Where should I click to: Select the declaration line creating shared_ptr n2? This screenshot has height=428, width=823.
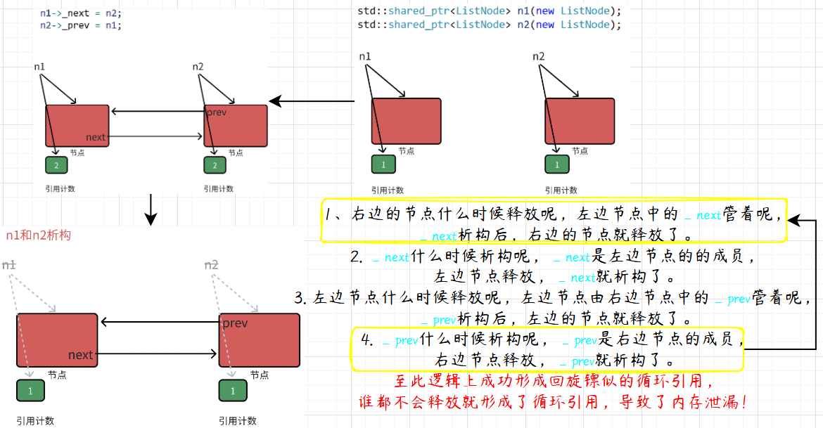click(x=489, y=25)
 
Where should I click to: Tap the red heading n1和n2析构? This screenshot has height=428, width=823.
click(x=38, y=235)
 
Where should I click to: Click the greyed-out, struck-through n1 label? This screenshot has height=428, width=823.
click(x=9, y=264)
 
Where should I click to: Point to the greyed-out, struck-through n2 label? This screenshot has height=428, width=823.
click(x=211, y=264)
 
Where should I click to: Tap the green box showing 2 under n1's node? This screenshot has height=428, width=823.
click(x=56, y=165)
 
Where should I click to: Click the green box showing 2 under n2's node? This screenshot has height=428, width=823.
click(x=215, y=165)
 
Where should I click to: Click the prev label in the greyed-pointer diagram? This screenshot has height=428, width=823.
click(x=235, y=323)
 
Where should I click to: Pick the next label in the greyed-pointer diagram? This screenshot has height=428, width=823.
click(x=80, y=355)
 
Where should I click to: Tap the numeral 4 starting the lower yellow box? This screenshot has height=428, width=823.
click(x=366, y=340)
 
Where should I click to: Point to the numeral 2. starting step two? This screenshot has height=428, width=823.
click(x=355, y=257)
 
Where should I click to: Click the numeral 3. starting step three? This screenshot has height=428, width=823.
click(x=300, y=298)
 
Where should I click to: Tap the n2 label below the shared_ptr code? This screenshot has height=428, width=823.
click(x=538, y=56)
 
